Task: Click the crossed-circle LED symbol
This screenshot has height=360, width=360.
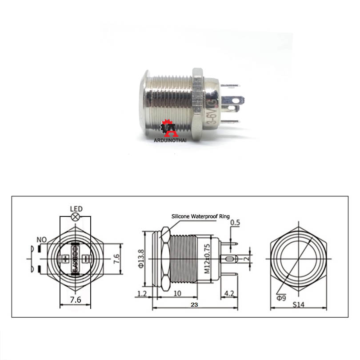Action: (76, 217)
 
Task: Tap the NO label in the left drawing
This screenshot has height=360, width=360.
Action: (42, 240)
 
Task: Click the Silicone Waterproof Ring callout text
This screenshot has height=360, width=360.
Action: (201, 216)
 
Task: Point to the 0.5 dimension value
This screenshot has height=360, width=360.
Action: (236, 222)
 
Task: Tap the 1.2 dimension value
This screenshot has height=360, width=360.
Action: (142, 294)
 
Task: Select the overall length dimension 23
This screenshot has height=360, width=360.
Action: (194, 305)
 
